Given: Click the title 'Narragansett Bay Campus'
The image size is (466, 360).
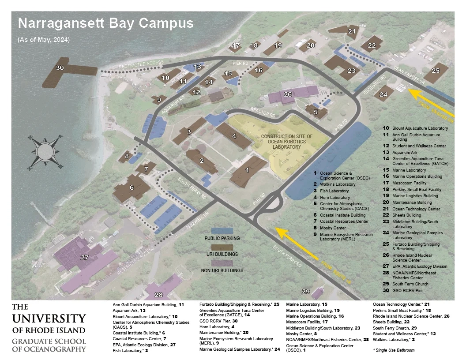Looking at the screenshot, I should pos(105,23).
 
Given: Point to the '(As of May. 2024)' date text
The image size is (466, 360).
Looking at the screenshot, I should pos(44,40).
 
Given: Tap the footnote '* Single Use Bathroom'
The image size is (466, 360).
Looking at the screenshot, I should pos(394,350).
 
